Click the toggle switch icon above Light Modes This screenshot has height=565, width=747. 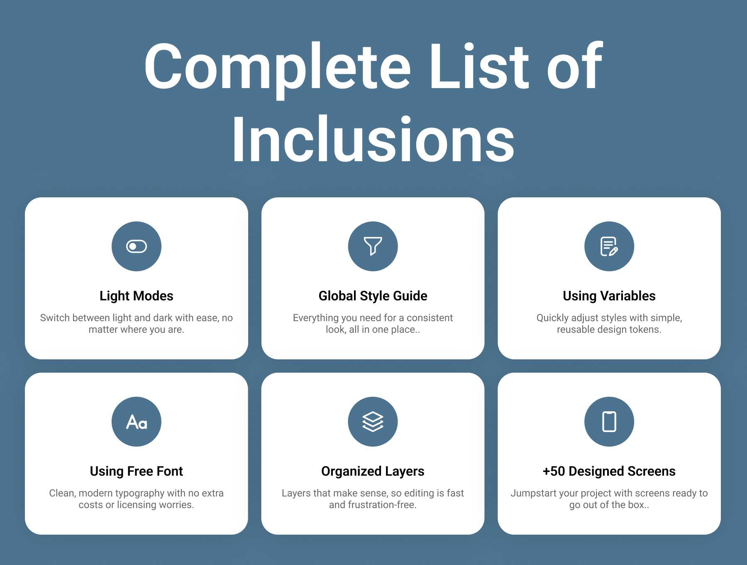(137, 246)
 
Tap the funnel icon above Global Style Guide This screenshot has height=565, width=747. (373, 246)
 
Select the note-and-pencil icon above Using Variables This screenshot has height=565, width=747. (609, 246)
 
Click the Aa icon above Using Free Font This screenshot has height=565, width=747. (137, 422)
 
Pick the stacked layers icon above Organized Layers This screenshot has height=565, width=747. (373, 422)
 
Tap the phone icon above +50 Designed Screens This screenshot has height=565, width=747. (609, 422)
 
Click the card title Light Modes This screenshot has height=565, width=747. (137, 296)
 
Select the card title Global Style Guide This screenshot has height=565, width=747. (373, 296)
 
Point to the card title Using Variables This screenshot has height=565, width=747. (609, 296)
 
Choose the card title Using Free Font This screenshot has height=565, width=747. (137, 471)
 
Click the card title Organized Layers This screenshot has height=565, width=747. (373, 471)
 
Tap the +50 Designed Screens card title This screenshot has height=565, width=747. (609, 471)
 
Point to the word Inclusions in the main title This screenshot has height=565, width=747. (373, 140)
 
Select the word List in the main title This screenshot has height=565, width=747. (479, 66)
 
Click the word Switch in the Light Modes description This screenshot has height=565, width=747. (55, 318)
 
